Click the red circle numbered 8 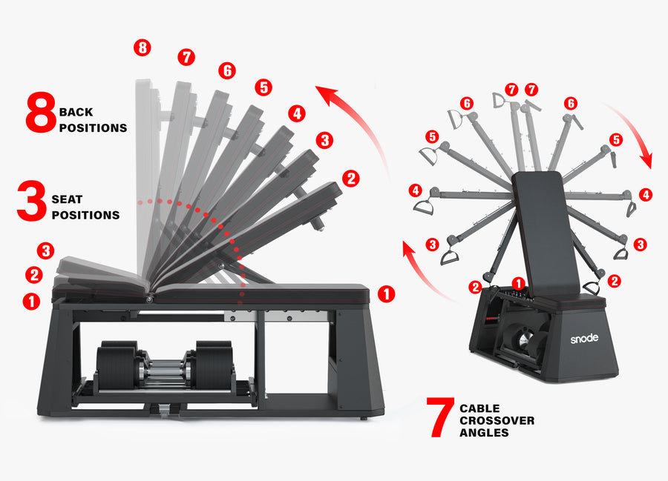click(x=143, y=48)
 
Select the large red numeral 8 click(x=40, y=113)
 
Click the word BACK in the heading click(x=76, y=113)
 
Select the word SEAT click(x=68, y=200)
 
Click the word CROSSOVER click(x=497, y=420)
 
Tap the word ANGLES click(x=484, y=432)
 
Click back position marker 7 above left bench click(x=186, y=57)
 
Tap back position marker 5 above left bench click(x=263, y=87)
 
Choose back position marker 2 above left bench click(x=351, y=178)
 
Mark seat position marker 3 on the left click(x=46, y=251)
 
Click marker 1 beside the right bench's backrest click(x=520, y=282)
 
